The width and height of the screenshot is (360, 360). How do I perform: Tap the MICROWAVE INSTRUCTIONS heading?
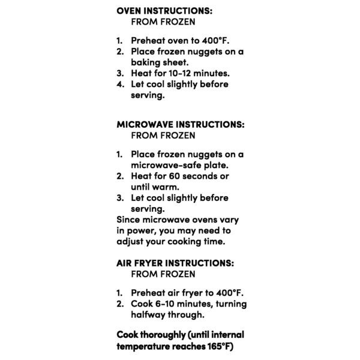pos(179,124)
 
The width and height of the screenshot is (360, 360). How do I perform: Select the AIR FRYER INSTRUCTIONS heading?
pos(175,263)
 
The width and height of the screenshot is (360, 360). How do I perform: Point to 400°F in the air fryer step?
pos(230,293)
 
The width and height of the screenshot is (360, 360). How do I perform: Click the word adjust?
pos(132,241)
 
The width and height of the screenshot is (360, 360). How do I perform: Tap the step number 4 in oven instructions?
pos(119,84)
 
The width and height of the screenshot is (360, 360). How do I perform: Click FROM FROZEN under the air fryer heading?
pos(163,274)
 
